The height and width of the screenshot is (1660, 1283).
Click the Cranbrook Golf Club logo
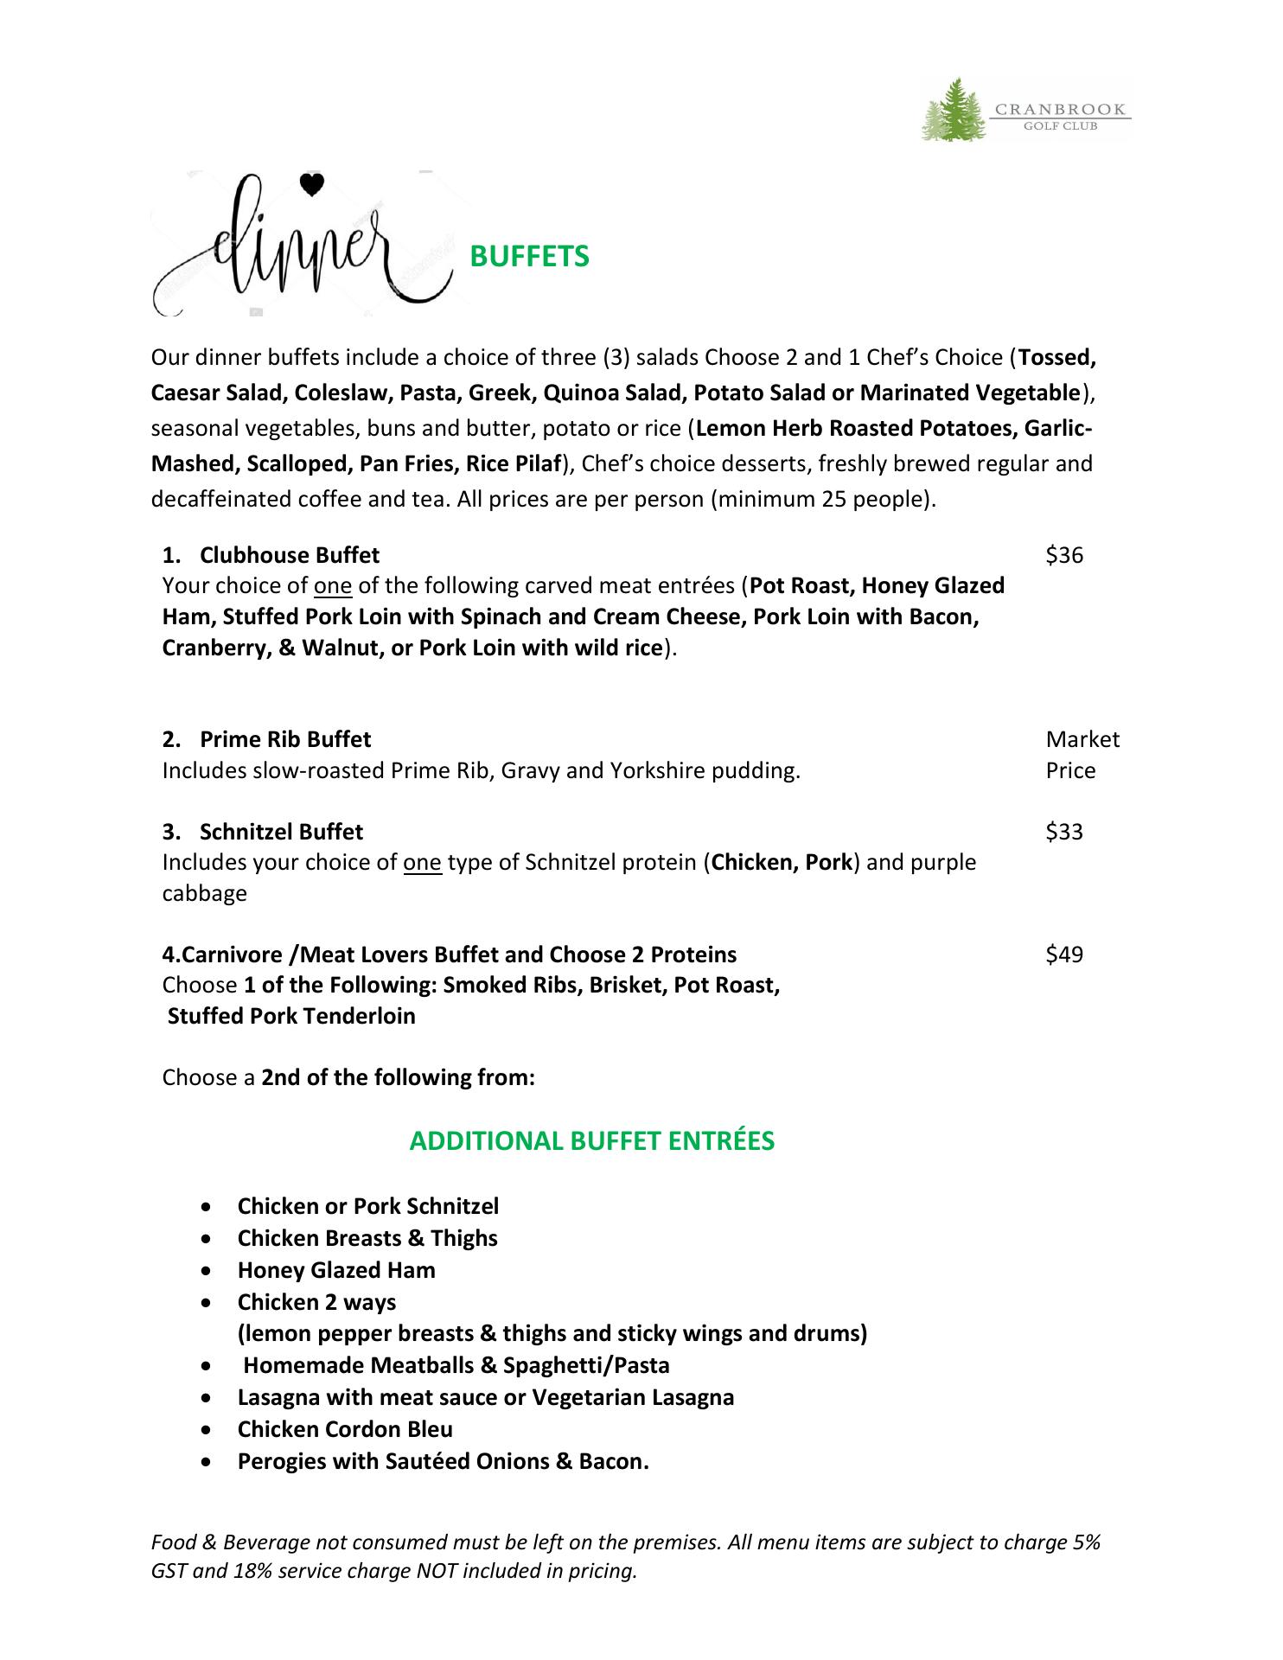pos(1025,110)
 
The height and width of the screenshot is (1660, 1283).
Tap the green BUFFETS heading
pos(528,257)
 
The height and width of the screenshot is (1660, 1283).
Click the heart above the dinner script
pos(311,184)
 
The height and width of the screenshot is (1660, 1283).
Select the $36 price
pos(1064,555)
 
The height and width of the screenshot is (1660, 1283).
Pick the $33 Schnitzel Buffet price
pos(1064,832)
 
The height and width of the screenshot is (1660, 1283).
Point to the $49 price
pos(1064,954)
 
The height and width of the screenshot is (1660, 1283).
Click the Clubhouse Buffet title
pos(289,555)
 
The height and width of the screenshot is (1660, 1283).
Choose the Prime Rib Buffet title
pos(284,739)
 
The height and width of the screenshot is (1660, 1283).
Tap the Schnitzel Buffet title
pos(281,832)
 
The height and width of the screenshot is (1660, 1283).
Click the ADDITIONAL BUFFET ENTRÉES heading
pos(591,1141)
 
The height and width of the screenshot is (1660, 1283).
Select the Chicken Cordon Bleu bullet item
pos(345,1429)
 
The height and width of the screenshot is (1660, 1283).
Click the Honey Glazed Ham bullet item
pos(336,1270)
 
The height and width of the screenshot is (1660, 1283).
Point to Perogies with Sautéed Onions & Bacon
pos(443,1461)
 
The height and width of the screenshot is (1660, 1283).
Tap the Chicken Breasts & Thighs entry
pos(367,1238)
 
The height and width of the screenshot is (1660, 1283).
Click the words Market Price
pos(1081,755)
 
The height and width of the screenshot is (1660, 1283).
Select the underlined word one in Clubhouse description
pos(333,586)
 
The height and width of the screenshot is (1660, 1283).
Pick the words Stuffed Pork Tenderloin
pos(291,1016)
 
